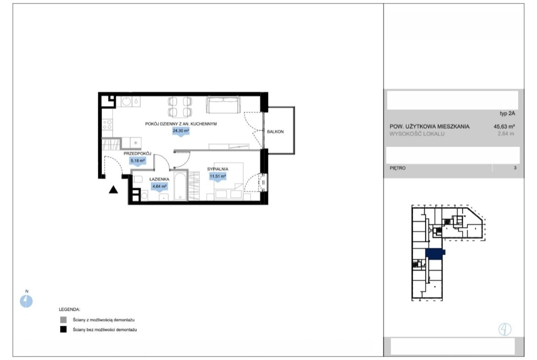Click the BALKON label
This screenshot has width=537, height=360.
275,132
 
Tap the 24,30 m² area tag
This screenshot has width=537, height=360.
181,131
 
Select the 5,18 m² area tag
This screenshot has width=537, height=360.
138,161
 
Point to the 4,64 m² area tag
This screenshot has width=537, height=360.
159,187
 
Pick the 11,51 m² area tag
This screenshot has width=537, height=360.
218,177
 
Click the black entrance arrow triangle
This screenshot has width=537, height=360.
113,189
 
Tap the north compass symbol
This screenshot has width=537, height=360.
26,301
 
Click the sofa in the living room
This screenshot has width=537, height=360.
223,105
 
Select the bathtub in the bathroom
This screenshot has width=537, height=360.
180,186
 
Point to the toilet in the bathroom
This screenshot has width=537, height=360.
138,179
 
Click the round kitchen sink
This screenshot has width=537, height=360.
126,101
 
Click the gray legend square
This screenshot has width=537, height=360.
63,320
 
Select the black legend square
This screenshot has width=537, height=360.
63,330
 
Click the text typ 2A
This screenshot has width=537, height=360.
507,114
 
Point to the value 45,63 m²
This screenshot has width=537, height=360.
504,126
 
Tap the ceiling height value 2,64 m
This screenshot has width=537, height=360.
506,134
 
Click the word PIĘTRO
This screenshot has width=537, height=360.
397,168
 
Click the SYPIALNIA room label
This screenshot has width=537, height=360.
218,169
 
